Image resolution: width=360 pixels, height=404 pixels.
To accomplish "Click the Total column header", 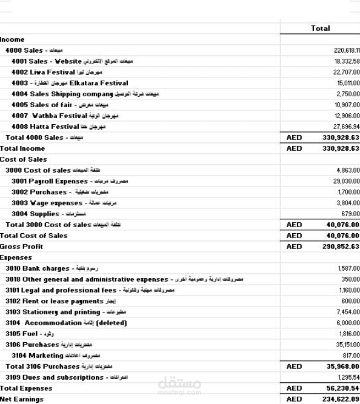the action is click(320, 28).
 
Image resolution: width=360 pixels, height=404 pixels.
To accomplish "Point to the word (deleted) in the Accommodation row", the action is click(111, 323).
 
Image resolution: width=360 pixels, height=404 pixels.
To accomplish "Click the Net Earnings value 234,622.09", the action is click(338, 399).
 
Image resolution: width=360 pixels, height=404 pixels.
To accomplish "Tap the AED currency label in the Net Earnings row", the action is click(294, 399).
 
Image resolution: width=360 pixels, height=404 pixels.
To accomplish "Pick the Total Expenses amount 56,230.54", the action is click(339, 388).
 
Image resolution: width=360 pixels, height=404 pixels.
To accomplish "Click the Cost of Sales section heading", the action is click(24, 159).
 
